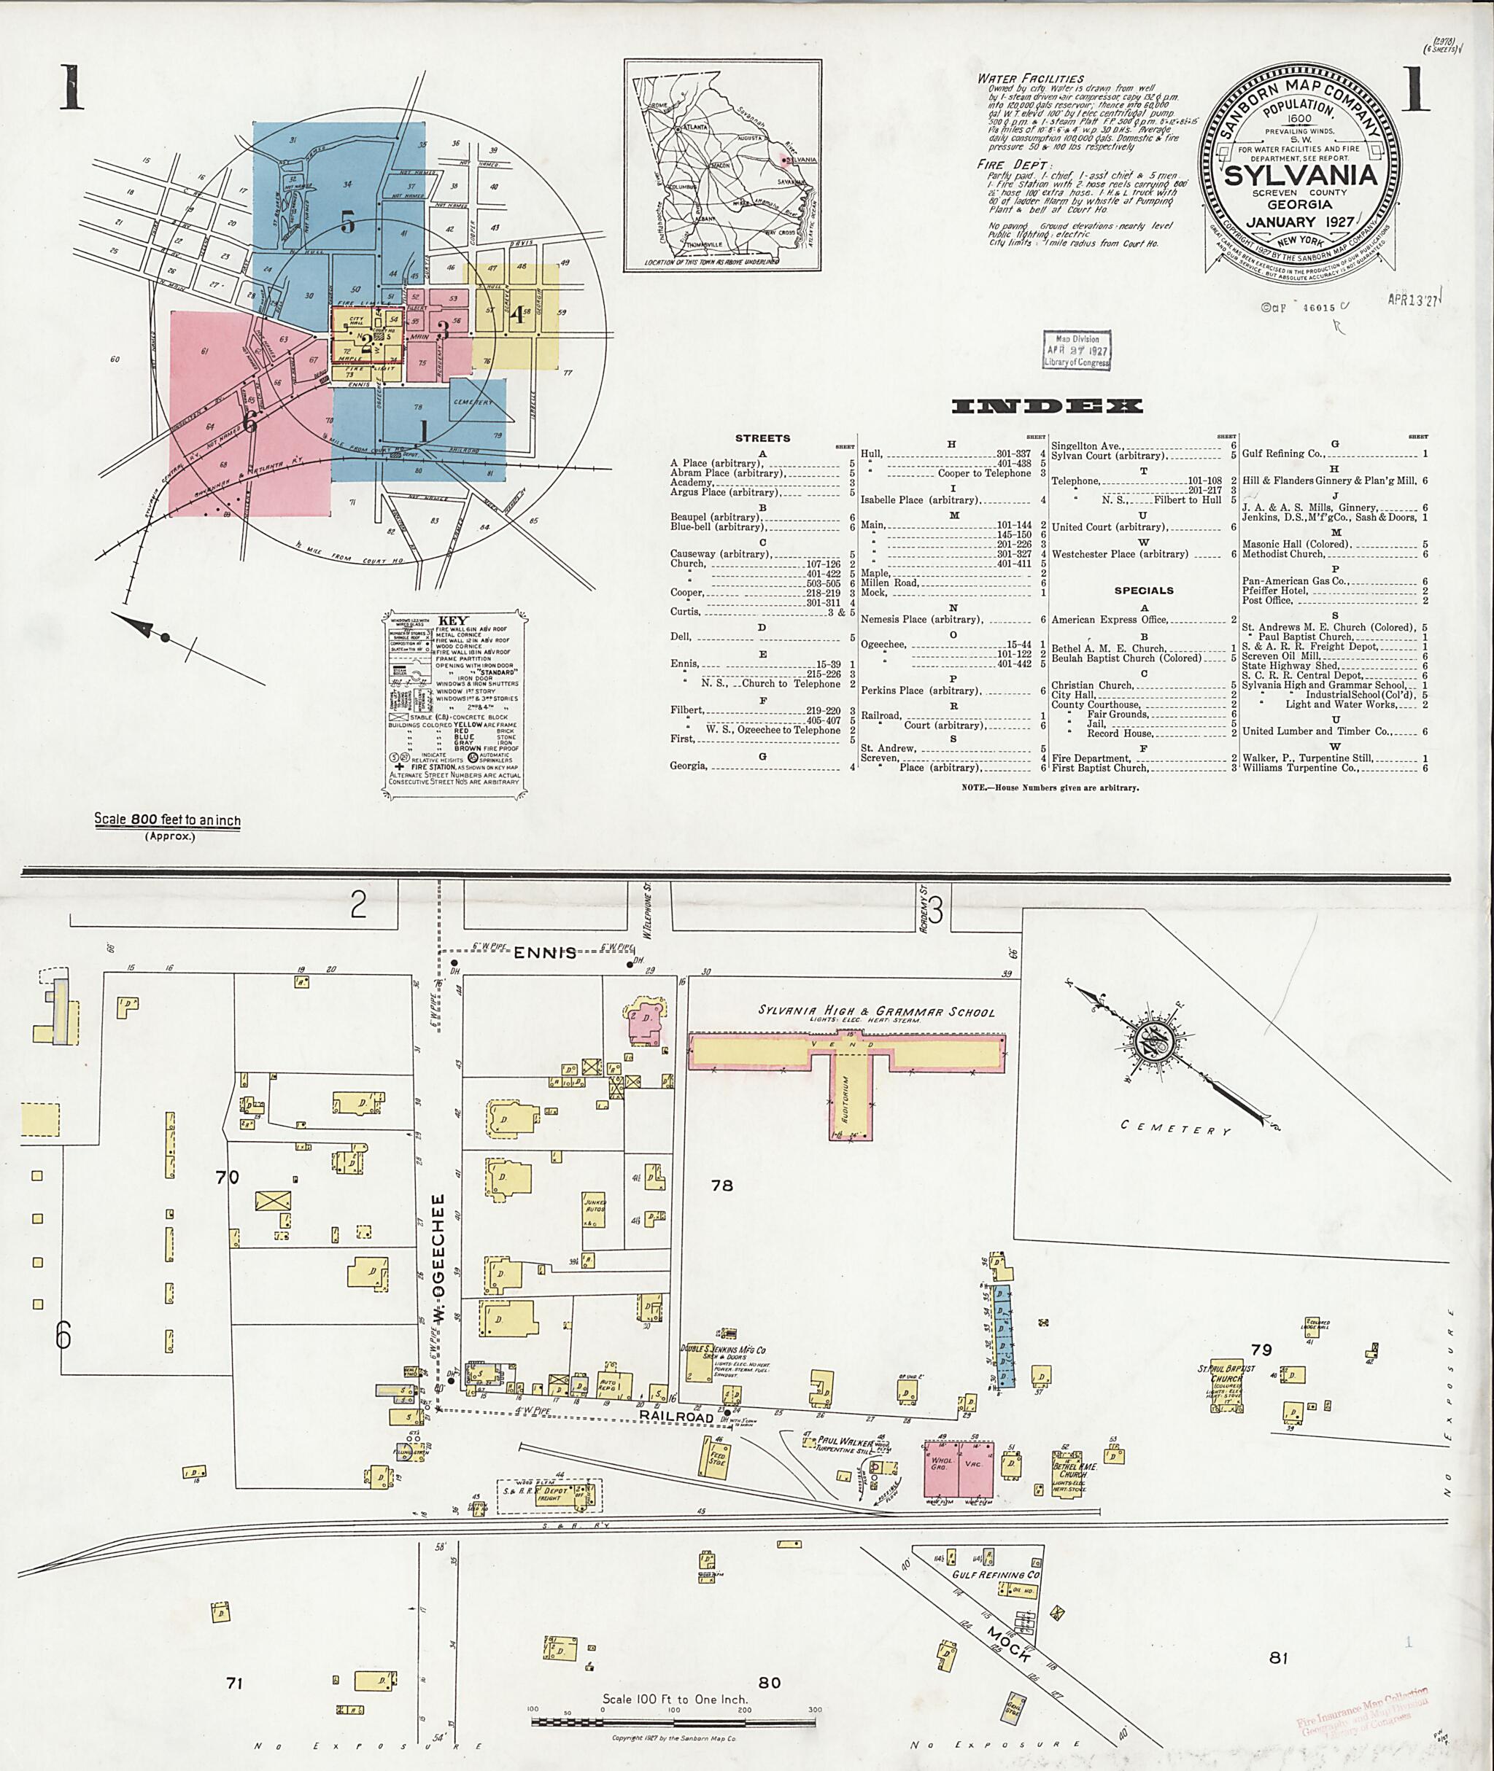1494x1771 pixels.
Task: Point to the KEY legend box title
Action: pos(453,620)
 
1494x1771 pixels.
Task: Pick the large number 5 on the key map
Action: pos(347,222)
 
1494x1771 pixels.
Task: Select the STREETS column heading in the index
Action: pos(763,438)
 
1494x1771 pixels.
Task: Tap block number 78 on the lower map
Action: pos(721,1186)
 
